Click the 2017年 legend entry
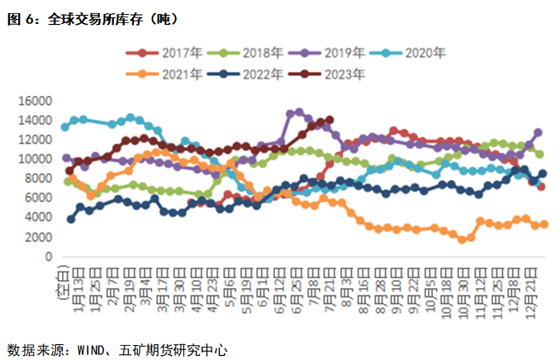pos(173,53)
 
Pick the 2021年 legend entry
pos(173,73)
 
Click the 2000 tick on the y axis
pos(39,237)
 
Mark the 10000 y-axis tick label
pos(36,159)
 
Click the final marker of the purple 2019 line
pos(539,132)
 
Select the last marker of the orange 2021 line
pos(544,224)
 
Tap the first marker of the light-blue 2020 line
pos(65,126)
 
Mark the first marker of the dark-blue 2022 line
pos(71,219)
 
